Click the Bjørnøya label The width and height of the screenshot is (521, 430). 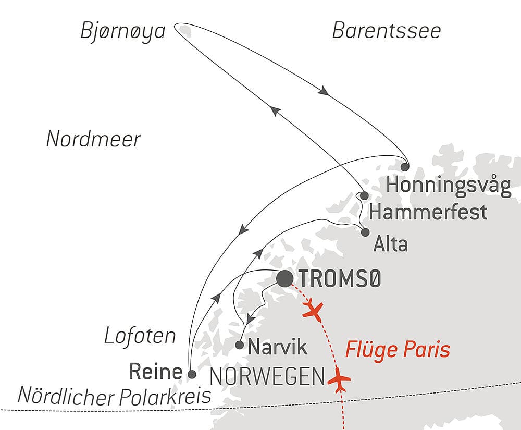click(123, 32)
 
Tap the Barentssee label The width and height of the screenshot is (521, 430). click(387, 31)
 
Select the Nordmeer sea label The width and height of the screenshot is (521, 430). click(93, 139)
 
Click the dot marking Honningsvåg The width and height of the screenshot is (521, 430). click(405, 167)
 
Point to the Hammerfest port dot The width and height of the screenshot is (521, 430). click(365, 195)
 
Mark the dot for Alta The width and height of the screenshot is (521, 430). click(365, 232)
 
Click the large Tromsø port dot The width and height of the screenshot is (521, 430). click(284, 279)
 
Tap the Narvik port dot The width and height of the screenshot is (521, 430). click(239, 345)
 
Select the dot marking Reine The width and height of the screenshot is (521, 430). click(191, 374)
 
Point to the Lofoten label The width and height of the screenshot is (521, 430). click(140, 336)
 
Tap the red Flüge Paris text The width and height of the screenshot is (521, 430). click(398, 350)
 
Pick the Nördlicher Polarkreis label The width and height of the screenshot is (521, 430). click(114, 396)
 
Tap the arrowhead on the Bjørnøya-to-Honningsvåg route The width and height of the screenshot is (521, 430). click(323, 90)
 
